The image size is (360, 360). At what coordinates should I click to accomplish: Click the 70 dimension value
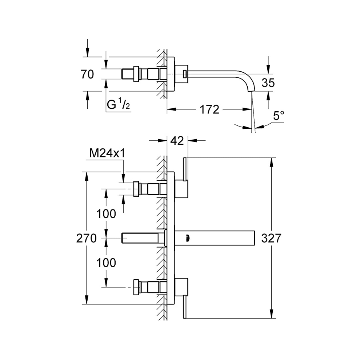click(87, 75)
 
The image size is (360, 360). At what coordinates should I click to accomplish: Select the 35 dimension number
click(268, 83)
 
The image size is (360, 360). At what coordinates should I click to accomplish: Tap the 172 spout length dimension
click(209, 109)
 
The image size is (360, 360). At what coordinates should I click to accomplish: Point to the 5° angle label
click(278, 116)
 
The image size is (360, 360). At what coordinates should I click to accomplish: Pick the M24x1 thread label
click(107, 154)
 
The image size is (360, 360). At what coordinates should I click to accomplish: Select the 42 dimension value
click(177, 140)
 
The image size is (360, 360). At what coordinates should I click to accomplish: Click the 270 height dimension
click(86, 239)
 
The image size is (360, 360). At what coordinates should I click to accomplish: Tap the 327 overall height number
click(271, 239)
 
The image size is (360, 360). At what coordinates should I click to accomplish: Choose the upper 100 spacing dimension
click(106, 214)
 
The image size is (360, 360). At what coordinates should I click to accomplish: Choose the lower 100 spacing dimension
click(106, 262)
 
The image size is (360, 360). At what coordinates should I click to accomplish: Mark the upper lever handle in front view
click(185, 169)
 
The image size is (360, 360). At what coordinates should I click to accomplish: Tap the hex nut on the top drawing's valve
click(137, 74)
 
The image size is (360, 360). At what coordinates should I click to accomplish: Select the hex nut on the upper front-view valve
click(137, 189)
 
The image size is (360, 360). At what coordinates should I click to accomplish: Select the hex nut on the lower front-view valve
click(137, 287)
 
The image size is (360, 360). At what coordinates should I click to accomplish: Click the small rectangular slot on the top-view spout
click(185, 74)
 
